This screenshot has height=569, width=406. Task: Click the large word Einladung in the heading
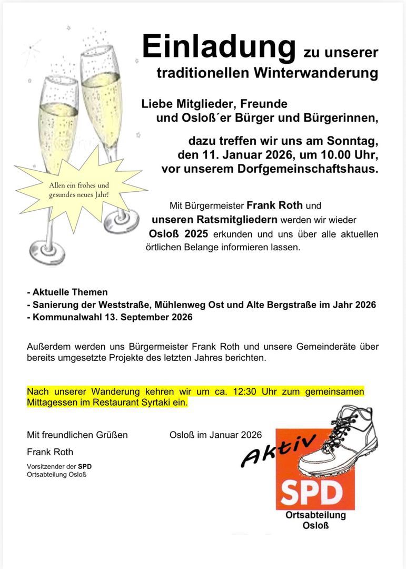pos(219,47)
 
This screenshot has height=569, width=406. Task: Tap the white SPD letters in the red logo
pos(312,492)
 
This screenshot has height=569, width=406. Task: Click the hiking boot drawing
pos(338,440)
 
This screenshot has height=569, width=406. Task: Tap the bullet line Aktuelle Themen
pos(67,292)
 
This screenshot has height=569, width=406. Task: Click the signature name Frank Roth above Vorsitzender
pos(50,452)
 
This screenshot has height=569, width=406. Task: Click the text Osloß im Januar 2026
pos(215,435)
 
